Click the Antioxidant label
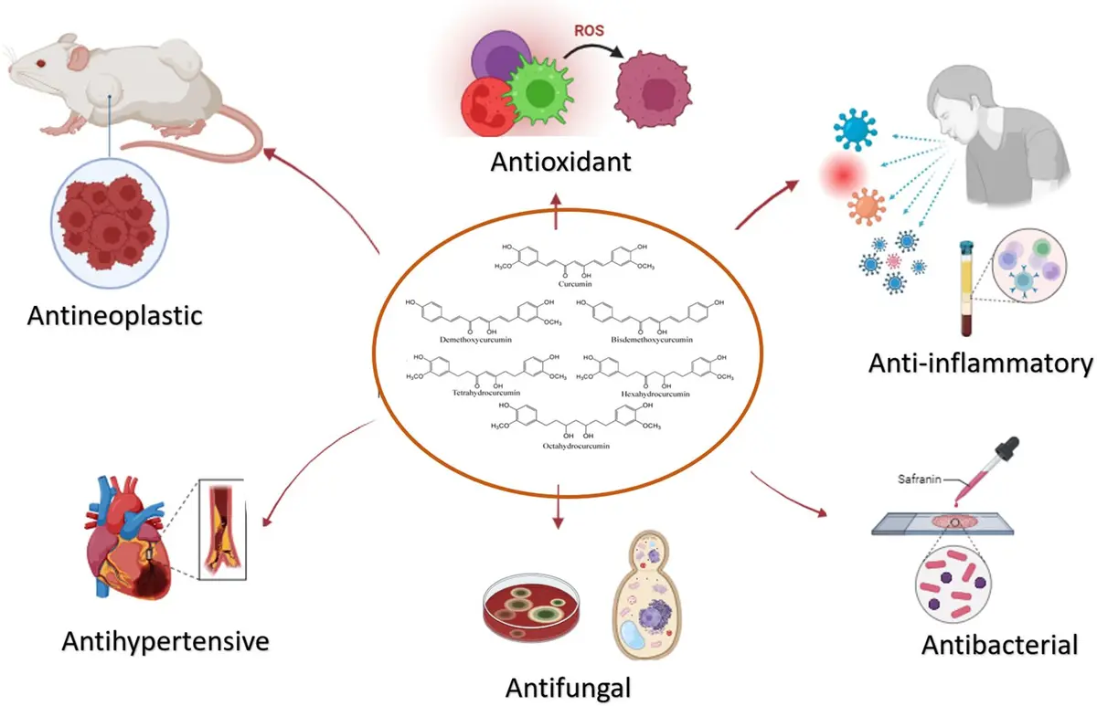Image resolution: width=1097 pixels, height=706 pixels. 560,163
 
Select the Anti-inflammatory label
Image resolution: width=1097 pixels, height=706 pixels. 981,364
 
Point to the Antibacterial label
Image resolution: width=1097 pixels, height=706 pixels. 999,645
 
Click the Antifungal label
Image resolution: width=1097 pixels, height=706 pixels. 558,685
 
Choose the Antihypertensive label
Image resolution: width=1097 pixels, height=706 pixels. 165,641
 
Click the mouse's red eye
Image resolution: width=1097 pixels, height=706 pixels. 40,62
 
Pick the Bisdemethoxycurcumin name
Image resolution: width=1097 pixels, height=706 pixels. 652,340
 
